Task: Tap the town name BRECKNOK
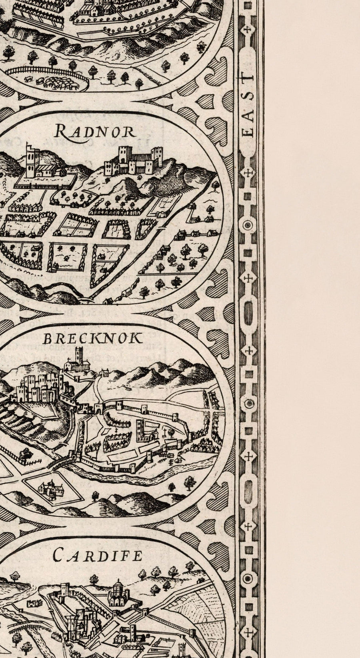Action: tap(92, 339)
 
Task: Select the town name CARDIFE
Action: tap(97, 556)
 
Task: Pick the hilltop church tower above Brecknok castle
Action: tap(79, 358)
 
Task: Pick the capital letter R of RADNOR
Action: tap(60, 130)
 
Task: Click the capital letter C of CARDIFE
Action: tap(58, 556)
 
